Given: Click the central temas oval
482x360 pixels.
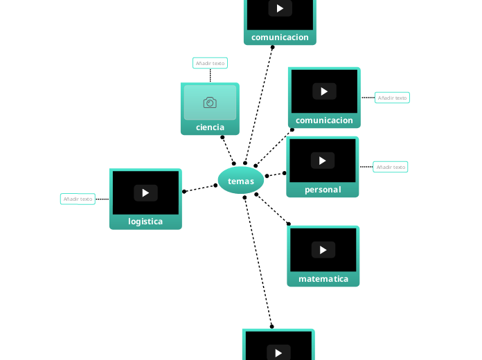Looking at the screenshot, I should (241, 181).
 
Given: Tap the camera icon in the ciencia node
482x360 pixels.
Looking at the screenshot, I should (210, 102).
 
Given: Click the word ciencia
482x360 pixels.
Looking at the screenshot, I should (210, 127).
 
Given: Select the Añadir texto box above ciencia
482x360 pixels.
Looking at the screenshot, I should (210, 63).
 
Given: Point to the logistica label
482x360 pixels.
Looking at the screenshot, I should (145, 222).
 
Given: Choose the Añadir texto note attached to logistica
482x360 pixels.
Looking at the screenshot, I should (78, 199).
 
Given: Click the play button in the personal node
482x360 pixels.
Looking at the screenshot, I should (323, 161).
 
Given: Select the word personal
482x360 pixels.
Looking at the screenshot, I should (323, 190).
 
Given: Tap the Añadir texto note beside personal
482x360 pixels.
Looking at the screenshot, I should (391, 167).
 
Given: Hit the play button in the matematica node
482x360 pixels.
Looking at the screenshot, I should (323, 249).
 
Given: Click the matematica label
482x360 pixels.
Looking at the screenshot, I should (323, 279).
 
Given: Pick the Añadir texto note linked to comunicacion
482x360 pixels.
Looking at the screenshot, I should (392, 98).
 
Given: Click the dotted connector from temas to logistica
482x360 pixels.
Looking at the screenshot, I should (201, 188).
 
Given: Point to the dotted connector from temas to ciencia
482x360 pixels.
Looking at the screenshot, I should (228, 150).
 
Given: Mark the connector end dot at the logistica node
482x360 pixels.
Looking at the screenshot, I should (184, 192).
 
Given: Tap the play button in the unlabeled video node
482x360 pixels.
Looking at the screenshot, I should (278, 352).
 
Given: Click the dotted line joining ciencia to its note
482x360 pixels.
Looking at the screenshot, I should (210, 75).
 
